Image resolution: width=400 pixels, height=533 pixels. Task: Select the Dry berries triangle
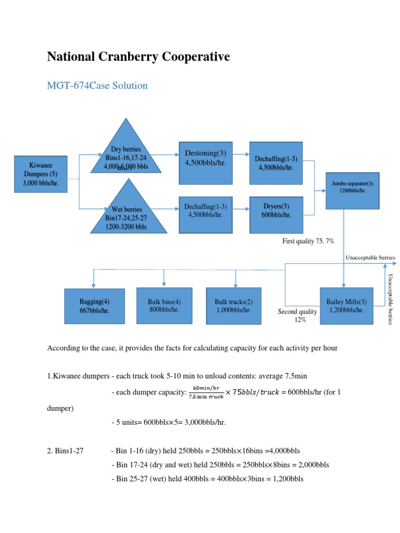point(126,153)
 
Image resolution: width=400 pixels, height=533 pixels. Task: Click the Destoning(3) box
point(205,163)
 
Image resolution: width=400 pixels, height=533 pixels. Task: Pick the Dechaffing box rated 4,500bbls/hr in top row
point(276,163)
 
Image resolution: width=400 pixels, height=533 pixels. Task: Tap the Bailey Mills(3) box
point(346,306)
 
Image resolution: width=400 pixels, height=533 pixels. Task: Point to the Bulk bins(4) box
point(164,306)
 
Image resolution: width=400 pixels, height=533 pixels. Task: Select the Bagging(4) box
point(94,306)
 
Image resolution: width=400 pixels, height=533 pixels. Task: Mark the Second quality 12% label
point(297,315)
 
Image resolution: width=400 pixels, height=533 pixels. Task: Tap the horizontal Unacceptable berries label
point(370,258)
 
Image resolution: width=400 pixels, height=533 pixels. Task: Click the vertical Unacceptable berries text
point(390,299)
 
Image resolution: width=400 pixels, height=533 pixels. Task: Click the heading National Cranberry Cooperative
point(138,57)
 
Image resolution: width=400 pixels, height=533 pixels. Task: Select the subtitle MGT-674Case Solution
point(97,85)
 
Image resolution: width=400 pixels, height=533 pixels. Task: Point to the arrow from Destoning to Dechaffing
point(240,154)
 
